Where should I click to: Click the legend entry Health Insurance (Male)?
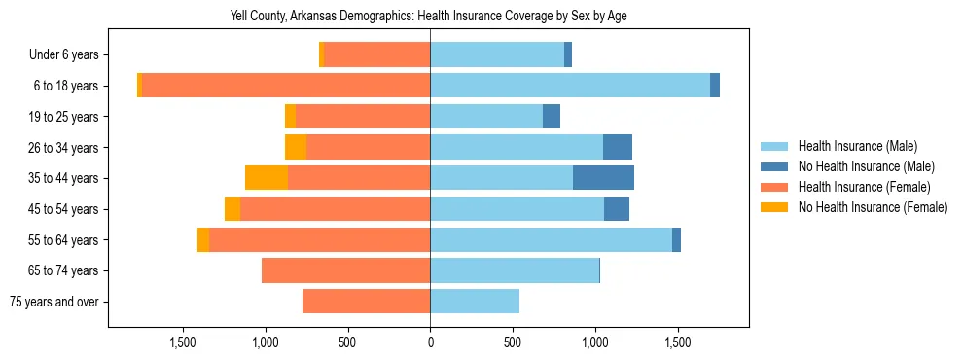(857, 146)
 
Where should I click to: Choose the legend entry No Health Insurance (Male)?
(866, 166)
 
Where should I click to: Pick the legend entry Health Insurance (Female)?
(865, 187)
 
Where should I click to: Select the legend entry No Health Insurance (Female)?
(873, 207)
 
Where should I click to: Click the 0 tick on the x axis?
(430, 342)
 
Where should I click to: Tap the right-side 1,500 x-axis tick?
(677, 342)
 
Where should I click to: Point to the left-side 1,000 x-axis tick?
(266, 342)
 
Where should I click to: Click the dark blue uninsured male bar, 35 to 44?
(603, 178)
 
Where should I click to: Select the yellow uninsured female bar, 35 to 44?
(267, 178)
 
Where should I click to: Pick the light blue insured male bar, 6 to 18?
(570, 86)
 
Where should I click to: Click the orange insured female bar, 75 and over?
(366, 302)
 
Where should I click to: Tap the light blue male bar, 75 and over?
(475, 302)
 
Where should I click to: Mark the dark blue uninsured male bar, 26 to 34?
(618, 147)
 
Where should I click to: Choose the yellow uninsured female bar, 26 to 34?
(296, 147)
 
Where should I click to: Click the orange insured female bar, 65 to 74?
(345, 270)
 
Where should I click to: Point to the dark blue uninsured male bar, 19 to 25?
(552, 117)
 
